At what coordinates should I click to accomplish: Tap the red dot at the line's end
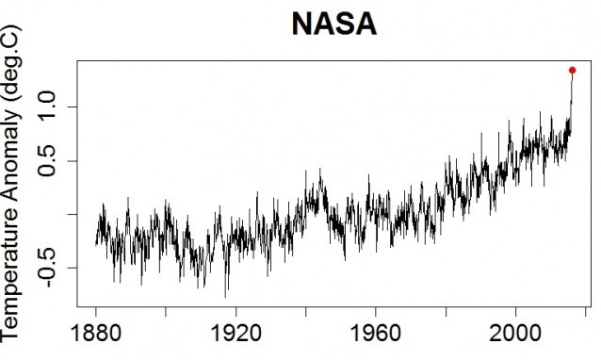pyautogui.click(x=572, y=70)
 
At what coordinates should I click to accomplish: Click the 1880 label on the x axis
pyautogui.click(x=95, y=335)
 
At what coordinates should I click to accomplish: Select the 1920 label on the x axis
pyautogui.click(x=236, y=335)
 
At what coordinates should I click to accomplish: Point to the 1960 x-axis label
pyautogui.click(x=376, y=335)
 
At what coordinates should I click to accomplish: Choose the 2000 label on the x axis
pyautogui.click(x=516, y=335)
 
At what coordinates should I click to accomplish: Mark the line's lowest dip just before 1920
pyautogui.click(x=225, y=296)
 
